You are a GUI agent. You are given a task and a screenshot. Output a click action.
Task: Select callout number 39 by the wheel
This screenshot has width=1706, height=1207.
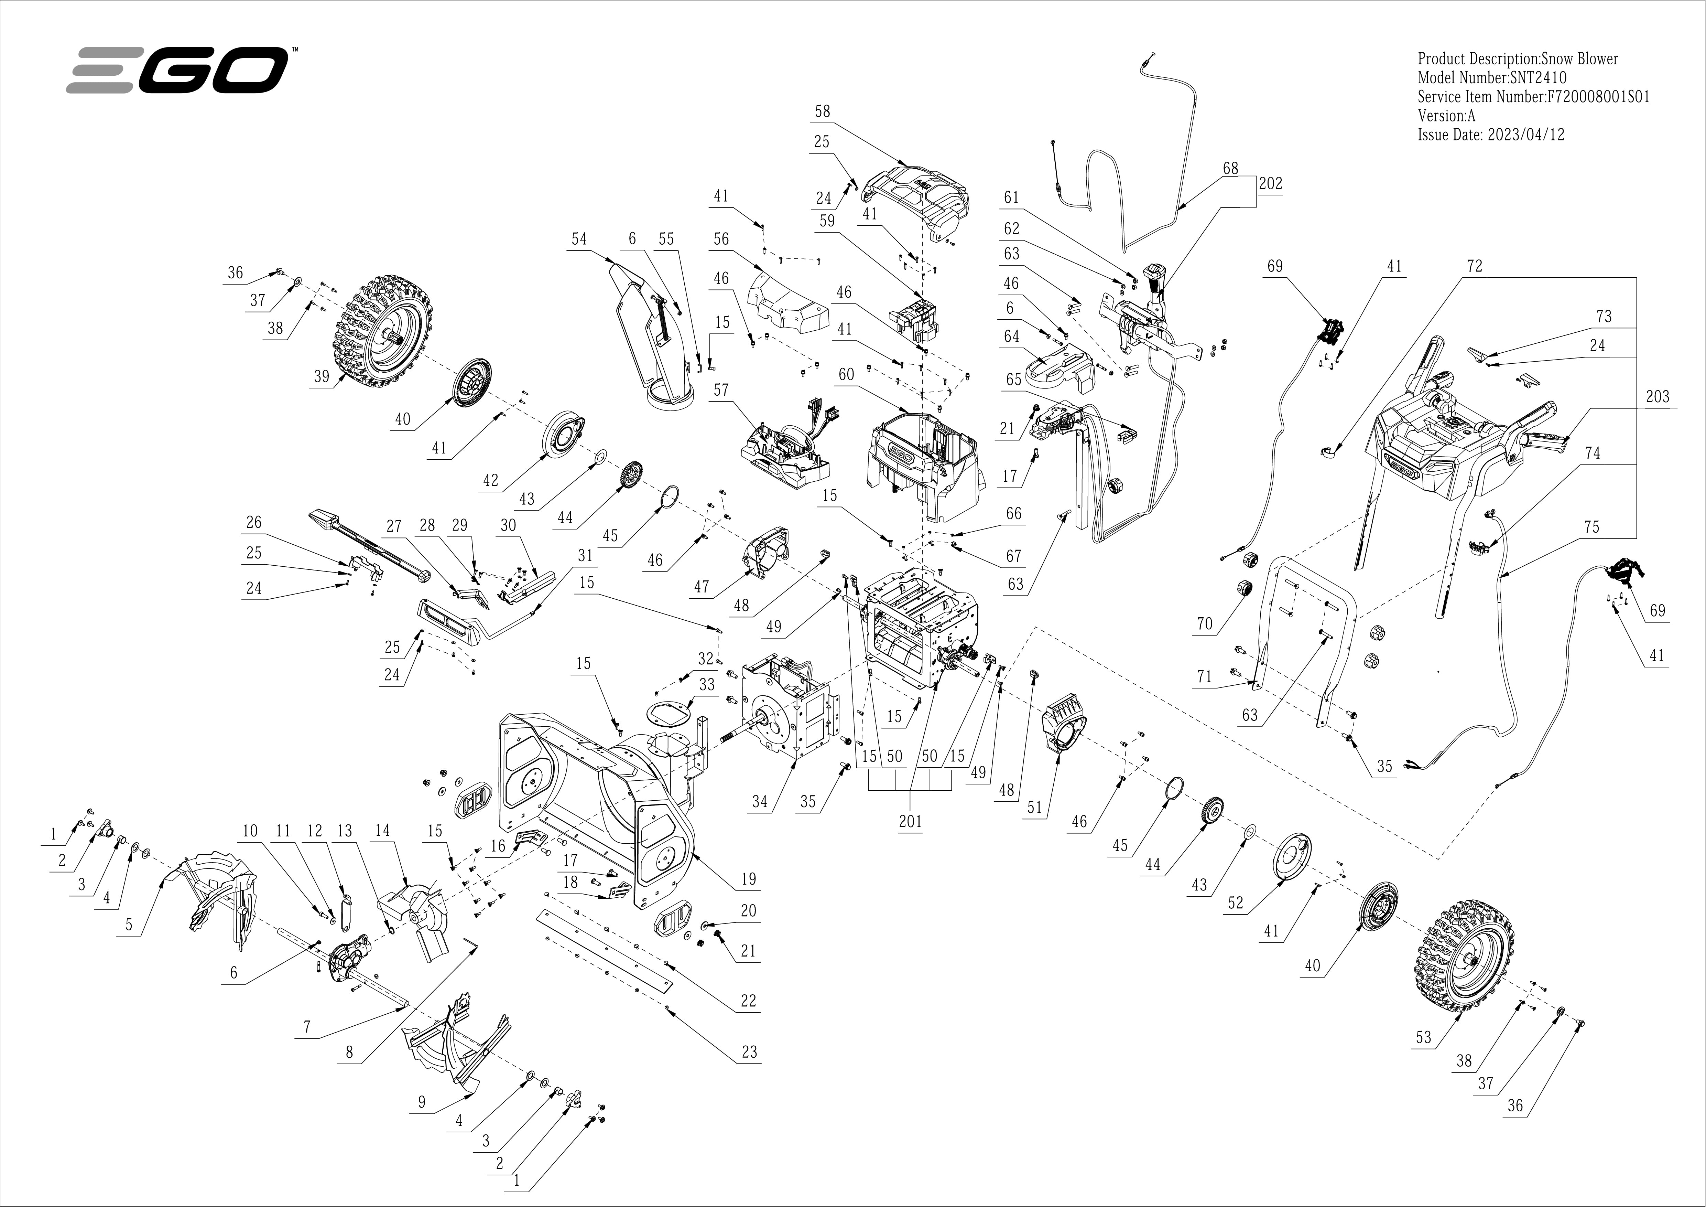[321, 376]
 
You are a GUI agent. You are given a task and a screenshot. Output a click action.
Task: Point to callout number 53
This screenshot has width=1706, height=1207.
[1423, 1037]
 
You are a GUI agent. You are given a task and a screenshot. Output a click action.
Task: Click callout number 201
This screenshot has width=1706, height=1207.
[910, 821]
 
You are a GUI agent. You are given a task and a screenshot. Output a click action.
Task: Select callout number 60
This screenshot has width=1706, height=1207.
[846, 375]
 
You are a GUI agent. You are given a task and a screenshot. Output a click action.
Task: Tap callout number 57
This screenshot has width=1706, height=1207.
[721, 390]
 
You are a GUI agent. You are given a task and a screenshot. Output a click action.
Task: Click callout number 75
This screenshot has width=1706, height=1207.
[1591, 527]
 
